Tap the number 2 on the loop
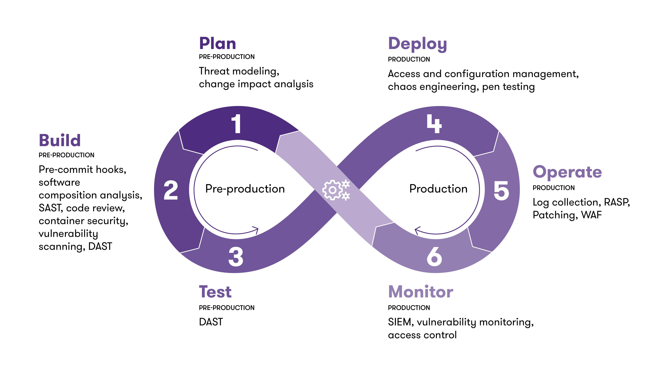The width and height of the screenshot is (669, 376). pos(171,191)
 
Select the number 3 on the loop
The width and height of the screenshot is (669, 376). pos(236,257)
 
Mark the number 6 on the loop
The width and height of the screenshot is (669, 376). pos(434,257)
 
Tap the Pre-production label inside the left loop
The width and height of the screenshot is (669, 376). pos(245,189)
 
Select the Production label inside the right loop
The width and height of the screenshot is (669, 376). pos(438,189)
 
